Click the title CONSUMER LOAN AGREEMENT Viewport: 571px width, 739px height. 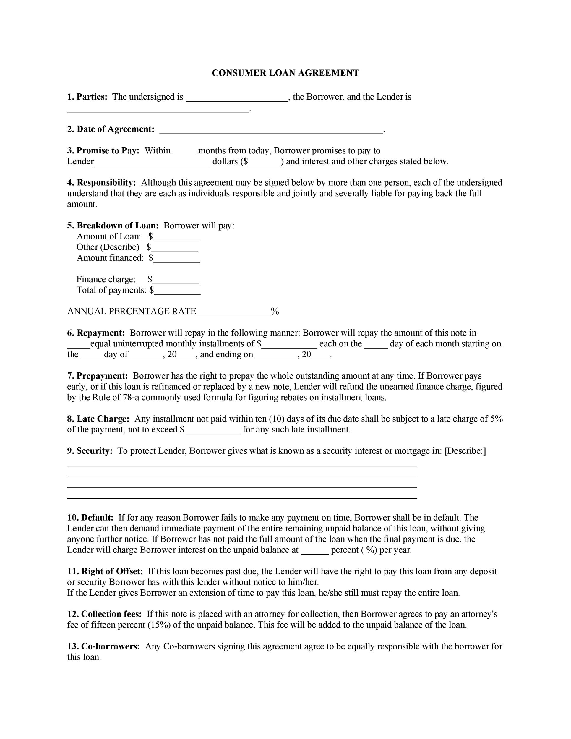coord(285,73)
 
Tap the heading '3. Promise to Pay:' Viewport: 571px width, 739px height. coord(103,150)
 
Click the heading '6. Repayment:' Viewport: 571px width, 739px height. coord(96,333)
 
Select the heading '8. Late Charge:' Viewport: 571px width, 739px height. coord(98,419)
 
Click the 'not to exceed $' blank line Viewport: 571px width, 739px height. coord(213,431)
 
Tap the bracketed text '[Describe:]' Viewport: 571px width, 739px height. coord(465,451)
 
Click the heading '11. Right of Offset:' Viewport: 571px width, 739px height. coord(105,571)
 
